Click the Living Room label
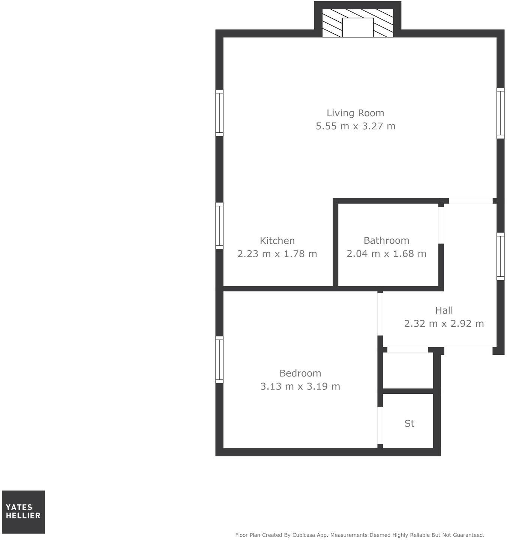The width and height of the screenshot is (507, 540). point(355,113)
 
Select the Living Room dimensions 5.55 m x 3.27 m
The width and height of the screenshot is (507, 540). point(355,126)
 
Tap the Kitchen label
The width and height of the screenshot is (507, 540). point(277,240)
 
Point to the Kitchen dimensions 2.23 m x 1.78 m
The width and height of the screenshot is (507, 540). point(277,254)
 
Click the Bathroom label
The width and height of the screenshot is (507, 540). point(386,240)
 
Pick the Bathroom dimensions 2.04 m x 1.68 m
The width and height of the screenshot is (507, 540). point(386,254)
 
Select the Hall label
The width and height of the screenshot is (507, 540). point(444,310)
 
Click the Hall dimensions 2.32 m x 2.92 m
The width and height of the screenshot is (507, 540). point(444,323)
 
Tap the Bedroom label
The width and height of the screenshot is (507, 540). point(300,373)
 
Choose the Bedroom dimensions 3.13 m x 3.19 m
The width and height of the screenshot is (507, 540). point(300,386)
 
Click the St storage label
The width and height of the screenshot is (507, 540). point(409,423)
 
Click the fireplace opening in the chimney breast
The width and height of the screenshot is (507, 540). point(358,27)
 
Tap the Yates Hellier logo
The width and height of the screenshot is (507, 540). point(23,512)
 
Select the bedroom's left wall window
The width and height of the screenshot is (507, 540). point(219,360)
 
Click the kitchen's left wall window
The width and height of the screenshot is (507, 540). point(219,226)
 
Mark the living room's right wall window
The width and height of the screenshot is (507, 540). point(500,113)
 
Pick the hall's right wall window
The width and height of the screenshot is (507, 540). point(500,256)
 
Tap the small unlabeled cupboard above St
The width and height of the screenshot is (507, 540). point(408,370)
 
